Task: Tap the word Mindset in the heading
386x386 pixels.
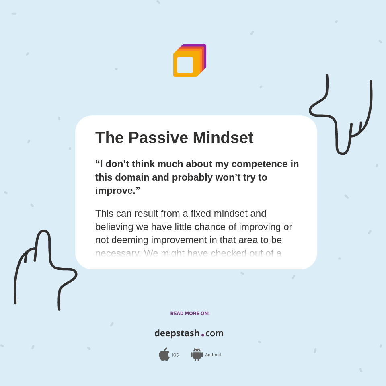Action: point(223,138)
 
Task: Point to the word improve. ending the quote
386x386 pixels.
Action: point(117,191)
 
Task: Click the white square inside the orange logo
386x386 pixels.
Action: point(185,65)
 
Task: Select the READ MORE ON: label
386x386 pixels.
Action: point(190,314)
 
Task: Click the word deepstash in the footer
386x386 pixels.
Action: point(177,333)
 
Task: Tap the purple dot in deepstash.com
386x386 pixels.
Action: point(203,335)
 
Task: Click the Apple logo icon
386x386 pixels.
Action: point(164,355)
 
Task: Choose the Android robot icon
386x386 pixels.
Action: point(197,355)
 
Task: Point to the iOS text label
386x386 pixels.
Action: point(175,355)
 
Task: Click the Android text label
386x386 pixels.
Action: point(213,355)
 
